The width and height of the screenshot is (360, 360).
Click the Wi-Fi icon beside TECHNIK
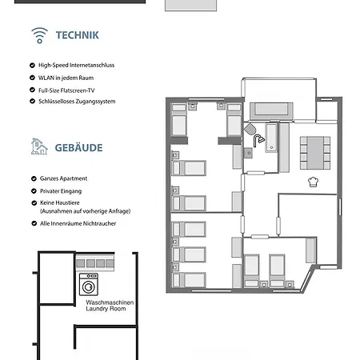pyautogui.click(x=39, y=34)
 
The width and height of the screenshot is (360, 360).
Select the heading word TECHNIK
pyautogui.click(x=77, y=35)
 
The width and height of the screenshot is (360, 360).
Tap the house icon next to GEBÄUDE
pyautogui.click(x=38, y=146)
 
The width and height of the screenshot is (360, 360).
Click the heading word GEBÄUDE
pyautogui.click(x=79, y=148)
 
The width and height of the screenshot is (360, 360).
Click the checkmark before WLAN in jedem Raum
pyautogui.click(x=31, y=78)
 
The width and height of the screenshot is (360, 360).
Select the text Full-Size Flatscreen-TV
pyautogui.click(x=71, y=90)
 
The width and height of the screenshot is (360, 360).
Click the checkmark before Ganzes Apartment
pyautogui.click(x=31, y=178)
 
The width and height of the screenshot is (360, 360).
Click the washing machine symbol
pyautogui.click(x=87, y=284)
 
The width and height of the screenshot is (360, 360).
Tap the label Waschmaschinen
pyautogui.click(x=110, y=302)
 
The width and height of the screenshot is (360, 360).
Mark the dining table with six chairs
pyautogui.click(x=314, y=150)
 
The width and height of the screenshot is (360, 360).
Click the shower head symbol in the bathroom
pyautogui.click(x=258, y=140)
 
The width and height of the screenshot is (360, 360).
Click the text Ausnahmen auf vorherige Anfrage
pyautogui.click(x=85, y=210)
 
